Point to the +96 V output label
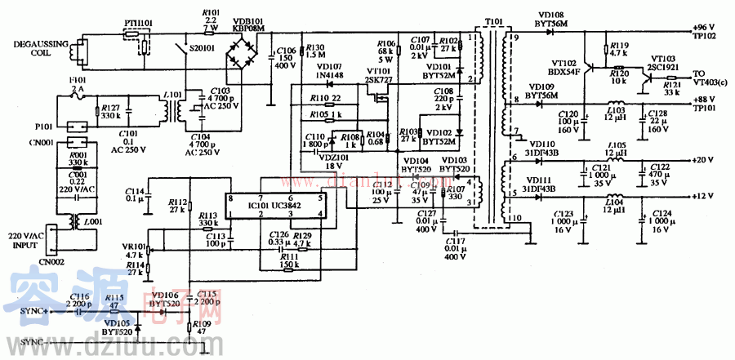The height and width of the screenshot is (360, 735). point(704,28)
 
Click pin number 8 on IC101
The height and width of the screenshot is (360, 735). point(231,198)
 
